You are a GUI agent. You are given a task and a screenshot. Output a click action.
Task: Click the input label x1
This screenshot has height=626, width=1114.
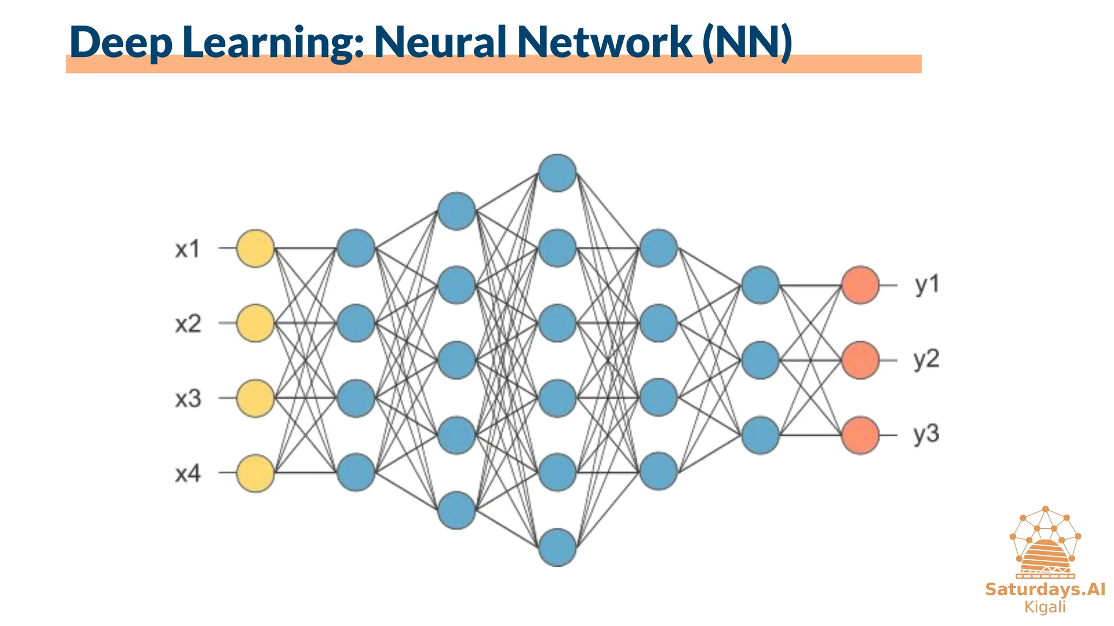pos(188,249)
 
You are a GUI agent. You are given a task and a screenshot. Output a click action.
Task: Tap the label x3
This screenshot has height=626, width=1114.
pos(188,399)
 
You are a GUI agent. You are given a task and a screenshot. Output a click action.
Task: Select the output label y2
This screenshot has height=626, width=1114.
pos(926,360)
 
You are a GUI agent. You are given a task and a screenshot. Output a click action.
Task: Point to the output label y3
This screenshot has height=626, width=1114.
pos(926,435)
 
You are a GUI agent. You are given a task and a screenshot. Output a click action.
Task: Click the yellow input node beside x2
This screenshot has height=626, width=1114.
pos(255,323)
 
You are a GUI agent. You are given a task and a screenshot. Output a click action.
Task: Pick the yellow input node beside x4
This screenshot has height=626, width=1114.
pos(255,473)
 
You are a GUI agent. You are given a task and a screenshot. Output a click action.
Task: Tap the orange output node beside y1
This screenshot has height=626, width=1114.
pos(861,285)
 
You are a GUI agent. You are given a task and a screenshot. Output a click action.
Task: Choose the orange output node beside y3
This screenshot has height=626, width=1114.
pos(861,435)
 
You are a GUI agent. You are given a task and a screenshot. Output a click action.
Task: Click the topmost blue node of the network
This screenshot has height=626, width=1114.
pos(558,173)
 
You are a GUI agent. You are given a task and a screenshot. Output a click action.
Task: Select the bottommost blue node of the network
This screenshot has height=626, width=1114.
pos(558,547)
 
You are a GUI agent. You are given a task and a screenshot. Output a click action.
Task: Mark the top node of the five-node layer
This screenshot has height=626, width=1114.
pos(457,211)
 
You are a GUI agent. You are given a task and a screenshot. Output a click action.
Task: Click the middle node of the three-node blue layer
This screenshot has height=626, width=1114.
pos(760,360)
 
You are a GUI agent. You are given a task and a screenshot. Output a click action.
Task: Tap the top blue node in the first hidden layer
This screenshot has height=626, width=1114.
pos(356,248)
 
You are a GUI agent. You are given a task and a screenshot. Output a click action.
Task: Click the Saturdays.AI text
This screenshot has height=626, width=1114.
pos(1045,590)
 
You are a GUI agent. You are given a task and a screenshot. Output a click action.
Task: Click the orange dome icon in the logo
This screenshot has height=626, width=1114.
pos(1045,557)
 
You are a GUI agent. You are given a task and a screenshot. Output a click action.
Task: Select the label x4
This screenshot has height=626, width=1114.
pos(188,474)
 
